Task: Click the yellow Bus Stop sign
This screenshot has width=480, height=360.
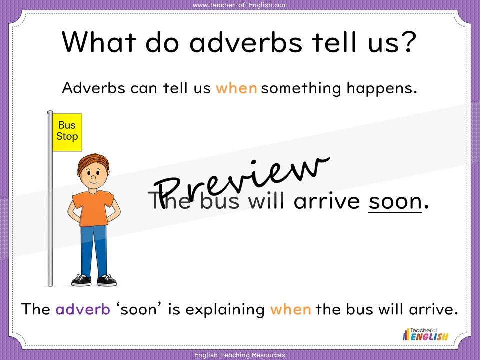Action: [x=67, y=132]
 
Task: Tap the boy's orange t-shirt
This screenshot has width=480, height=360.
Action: [x=93, y=208]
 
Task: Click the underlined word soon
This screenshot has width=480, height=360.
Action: [x=395, y=201]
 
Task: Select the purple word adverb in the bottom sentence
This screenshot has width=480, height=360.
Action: [x=83, y=309]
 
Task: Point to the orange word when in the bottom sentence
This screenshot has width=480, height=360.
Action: [x=291, y=309]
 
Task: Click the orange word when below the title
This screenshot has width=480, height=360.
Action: [x=236, y=88]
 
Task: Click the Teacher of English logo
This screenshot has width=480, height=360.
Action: [x=425, y=334]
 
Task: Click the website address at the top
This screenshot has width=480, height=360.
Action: [x=240, y=5]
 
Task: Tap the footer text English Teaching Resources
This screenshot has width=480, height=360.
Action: [x=240, y=355]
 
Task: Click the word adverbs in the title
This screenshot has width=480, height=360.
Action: [x=246, y=42]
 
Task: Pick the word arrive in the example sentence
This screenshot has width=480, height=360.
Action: [x=327, y=201]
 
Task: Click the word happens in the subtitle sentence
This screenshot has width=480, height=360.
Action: [x=382, y=89]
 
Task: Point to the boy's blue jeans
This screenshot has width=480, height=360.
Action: [x=94, y=251]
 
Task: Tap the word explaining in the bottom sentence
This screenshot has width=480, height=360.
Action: [x=225, y=310]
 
